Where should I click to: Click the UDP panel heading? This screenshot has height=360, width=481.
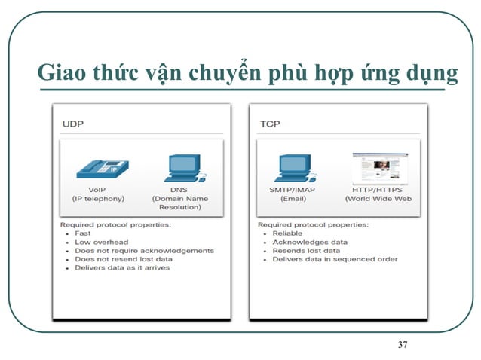click(x=73, y=124)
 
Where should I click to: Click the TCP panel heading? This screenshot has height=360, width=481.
click(x=270, y=124)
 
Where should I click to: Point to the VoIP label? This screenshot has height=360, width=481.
click(x=97, y=189)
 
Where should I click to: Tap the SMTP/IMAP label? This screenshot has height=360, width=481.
click(x=293, y=190)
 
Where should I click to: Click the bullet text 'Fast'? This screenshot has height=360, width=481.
click(x=83, y=233)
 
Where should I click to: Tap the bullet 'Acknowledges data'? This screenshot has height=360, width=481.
click(x=310, y=242)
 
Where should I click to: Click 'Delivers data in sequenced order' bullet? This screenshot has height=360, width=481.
click(x=335, y=259)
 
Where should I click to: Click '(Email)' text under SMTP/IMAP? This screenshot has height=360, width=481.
click(x=293, y=199)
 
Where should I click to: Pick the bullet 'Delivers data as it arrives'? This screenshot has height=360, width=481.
click(x=122, y=267)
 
